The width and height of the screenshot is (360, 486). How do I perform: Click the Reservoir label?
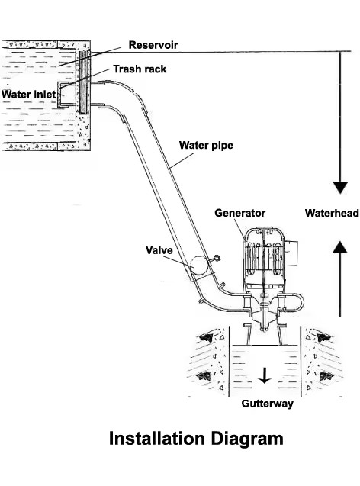point(153,45)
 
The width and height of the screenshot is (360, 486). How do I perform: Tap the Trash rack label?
point(140,69)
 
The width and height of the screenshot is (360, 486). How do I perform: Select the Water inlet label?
point(28,95)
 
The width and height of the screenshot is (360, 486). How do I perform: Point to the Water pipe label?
point(206,146)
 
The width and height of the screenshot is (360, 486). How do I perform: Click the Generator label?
point(239,213)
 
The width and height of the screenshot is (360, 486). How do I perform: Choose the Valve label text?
point(159,250)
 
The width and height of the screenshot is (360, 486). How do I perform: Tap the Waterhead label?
point(332,213)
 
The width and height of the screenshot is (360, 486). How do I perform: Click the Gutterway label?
point(267,404)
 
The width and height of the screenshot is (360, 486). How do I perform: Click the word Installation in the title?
point(157,439)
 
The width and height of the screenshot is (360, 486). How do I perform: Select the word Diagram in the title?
point(247,439)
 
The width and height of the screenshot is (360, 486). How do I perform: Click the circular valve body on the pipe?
point(199,266)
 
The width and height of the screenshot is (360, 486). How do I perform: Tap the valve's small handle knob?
point(217,258)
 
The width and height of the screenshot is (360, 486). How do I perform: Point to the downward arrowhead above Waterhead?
point(340,188)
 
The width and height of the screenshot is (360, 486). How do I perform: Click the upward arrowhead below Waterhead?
point(340,247)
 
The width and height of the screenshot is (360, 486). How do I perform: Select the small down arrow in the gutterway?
point(264,375)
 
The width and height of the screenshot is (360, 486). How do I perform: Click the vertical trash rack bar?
point(83,82)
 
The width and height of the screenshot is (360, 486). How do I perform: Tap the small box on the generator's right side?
point(291,253)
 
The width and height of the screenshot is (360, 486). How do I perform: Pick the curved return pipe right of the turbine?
point(294,302)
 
